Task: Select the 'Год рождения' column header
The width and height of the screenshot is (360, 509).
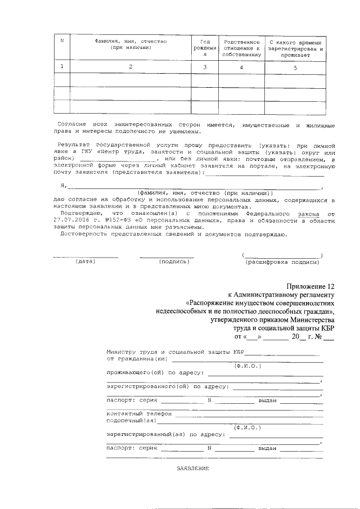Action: tap(205, 48)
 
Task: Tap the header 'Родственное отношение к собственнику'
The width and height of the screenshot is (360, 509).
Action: tap(241, 48)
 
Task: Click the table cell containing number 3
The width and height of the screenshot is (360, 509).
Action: tap(205, 67)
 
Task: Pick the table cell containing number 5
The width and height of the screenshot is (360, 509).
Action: tap(295, 67)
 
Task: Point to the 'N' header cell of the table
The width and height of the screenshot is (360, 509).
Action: tap(62, 40)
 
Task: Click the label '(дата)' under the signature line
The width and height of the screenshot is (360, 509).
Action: tap(85, 262)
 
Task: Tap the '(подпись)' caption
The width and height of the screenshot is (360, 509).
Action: tap(169, 262)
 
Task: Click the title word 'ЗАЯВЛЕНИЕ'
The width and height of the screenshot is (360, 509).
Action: tap(193, 468)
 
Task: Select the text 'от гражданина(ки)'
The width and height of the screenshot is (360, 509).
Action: tap(137, 358)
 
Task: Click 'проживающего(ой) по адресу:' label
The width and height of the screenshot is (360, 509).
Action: tap(155, 372)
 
